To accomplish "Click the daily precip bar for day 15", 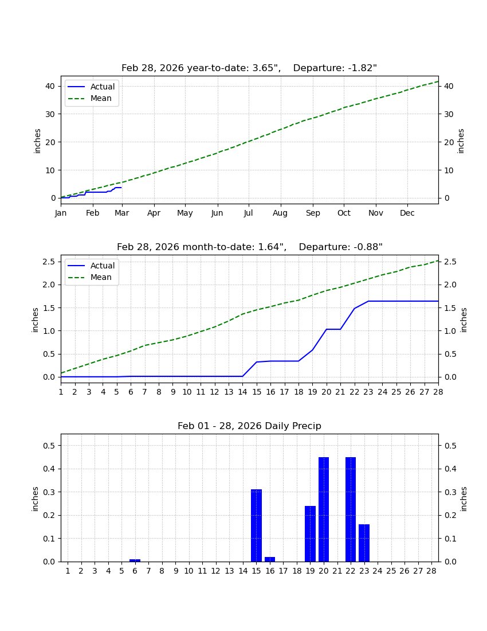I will pyautogui.click(x=256, y=525).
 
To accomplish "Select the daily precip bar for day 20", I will pyautogui.click(x=324, y=509).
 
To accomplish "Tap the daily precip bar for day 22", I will pyautogui.click(x=351, y=509).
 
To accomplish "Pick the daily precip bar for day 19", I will pyautogui.click(x=310, y=533).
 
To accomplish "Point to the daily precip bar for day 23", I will pyautogui.click(x=364, y=543).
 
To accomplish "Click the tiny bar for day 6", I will pyautogui.click(x=135, y=560).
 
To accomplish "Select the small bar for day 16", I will pyautogui.click(x=270, y=559).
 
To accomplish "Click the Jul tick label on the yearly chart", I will pyautogui.click(x=249, y=213).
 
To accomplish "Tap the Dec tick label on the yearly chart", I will pyautogui.click(x=407, y=213).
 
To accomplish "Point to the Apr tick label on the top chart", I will pyautogui.click(x=154, y=213).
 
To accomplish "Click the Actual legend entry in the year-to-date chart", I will pyautogui.click(x=103, y=87).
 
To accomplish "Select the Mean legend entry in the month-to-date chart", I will pyautogui.click(x=101, y=277).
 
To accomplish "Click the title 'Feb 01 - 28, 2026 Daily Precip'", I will pyautogui.click(x=249, y=426).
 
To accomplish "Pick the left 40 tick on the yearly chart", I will pyautogui.click(x=50, y=86).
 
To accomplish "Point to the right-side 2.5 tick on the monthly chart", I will pyautogui.click(x=449, y=262).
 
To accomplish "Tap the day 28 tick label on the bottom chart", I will pyautogui.click(x=431, y=571).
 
